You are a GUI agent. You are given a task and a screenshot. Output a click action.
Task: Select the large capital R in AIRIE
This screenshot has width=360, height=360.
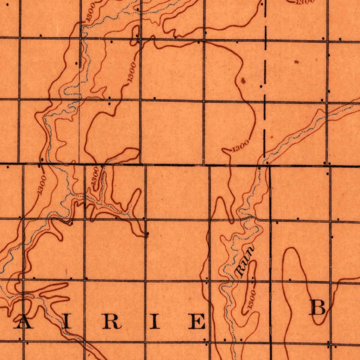112,322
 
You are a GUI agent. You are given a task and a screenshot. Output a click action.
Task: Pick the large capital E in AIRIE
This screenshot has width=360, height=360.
197,322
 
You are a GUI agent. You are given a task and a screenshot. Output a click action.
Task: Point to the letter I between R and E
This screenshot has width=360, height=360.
155,322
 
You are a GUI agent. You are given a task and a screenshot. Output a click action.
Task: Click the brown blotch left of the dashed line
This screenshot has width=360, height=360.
243,81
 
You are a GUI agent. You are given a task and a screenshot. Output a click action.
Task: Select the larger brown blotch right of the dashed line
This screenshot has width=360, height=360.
296,62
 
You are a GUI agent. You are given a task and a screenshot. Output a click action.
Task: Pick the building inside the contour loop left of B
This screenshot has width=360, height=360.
290,280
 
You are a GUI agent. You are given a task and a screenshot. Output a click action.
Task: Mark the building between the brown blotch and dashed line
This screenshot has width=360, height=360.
261,86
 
